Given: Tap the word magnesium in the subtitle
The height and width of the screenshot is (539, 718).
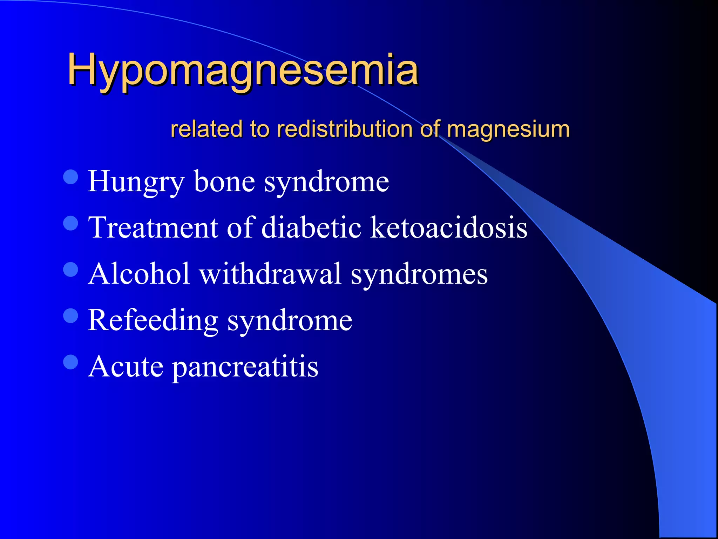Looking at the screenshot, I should click(508, 129).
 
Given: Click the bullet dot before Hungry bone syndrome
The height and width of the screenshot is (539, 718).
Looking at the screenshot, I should click(71, 177).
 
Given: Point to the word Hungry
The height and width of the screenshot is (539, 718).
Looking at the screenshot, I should click(136, 182).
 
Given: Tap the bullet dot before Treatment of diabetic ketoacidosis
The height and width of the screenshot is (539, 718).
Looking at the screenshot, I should click(71, 223).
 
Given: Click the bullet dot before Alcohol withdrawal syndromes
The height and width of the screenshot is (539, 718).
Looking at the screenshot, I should click(71, 269).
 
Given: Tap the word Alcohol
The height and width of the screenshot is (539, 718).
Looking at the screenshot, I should click(139, 274).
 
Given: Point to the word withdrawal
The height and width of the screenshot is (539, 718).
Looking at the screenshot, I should click(270, 274).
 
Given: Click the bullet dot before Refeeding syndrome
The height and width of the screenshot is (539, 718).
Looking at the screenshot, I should click(71, 315).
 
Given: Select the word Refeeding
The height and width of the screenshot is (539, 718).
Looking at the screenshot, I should click(153, 320).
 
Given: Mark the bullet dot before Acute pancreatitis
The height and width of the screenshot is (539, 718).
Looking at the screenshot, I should click(71, 362).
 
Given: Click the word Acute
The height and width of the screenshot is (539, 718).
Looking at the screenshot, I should click(126, 366).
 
